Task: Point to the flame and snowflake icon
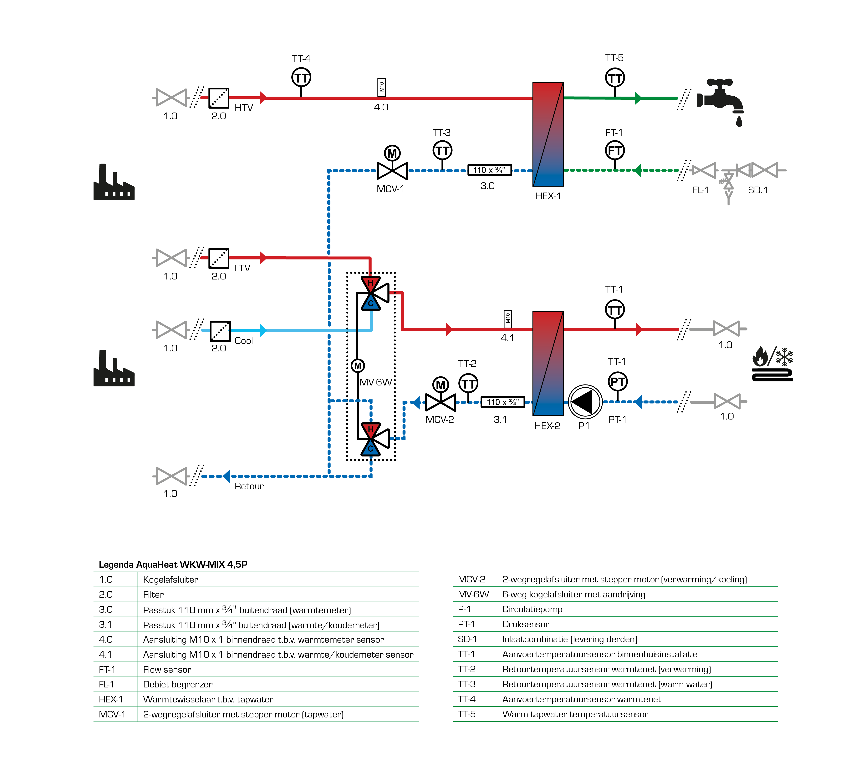tap(773, 363)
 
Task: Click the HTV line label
tap(244, 108)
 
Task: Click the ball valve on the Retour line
tap(171, 476)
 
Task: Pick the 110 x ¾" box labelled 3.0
tap(489, 170)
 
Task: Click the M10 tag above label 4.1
tap(507, 319)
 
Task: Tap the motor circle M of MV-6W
tap(358, 365)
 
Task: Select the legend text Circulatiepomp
tap(532, 609)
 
